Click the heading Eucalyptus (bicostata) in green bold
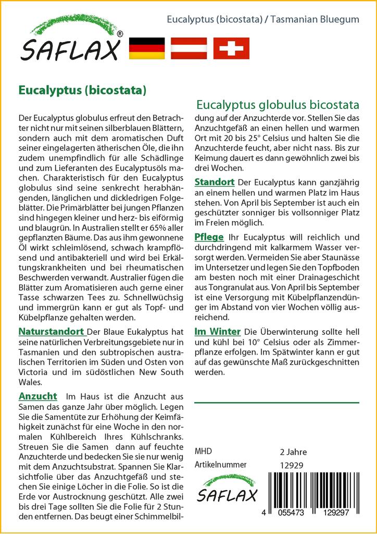(82, 89)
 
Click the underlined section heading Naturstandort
(51, 332)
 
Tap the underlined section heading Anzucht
(37, 396)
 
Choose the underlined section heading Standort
(215, 183)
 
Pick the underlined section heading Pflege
(209, 237)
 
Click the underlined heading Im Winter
(217, 332)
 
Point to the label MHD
(203, 451)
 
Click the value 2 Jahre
(293, 452)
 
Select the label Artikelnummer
(219, 465)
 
